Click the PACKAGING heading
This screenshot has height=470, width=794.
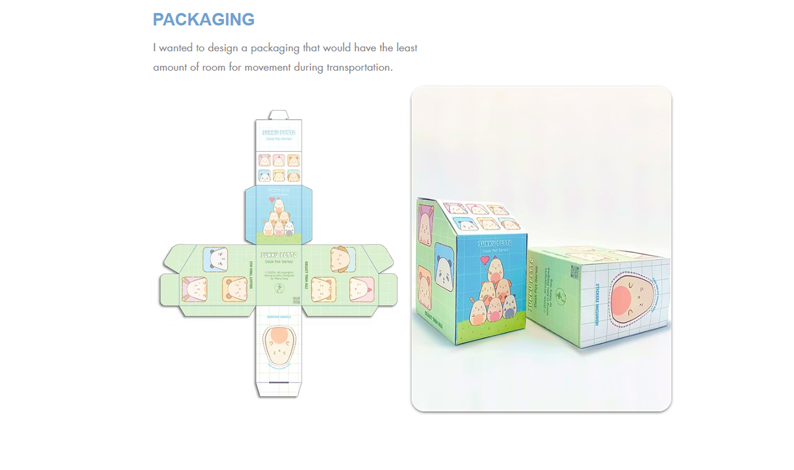coord(203,20)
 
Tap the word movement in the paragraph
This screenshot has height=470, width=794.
coord(268,67)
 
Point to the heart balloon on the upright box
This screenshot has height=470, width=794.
coord(485,260)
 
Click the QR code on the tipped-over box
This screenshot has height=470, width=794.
coord(575,272)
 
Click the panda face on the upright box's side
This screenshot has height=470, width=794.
coord(444,267)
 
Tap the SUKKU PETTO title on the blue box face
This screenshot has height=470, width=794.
coord(495,243)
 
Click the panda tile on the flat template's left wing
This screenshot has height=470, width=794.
coord(215,259)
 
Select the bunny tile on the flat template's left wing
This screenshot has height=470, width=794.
coord(194,289)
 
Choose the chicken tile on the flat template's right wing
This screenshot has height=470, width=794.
coord(362,289)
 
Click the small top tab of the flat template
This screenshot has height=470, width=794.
coord(278,115)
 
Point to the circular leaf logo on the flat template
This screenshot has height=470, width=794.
coord(280,288)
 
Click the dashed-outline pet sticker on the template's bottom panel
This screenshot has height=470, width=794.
coord(279,344)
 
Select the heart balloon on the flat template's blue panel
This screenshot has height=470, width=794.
coord(272,200)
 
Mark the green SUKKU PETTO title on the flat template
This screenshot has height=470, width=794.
coord(279,255)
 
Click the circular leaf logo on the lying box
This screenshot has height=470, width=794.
coord(561,297)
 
